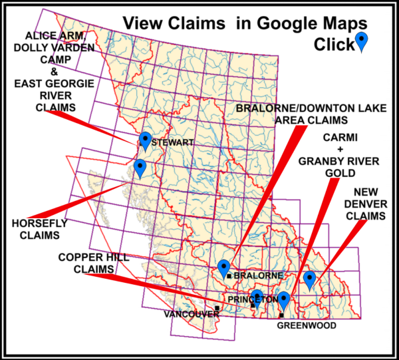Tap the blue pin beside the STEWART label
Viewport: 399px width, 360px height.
[x=146, y=140]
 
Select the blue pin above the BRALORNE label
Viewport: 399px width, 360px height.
[x=224, y=268]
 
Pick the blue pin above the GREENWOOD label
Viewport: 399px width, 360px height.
[x=284, y=300]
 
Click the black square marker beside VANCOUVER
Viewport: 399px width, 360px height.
[x=217, y=307]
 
